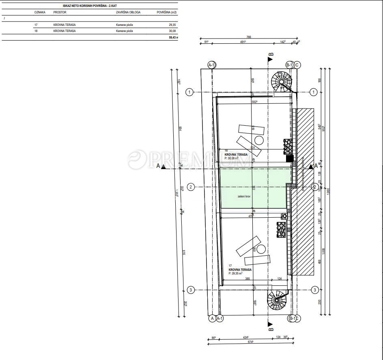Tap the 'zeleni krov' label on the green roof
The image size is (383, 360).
pos(244,196)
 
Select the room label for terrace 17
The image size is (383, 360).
pos(240,270)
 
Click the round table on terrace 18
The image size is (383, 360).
pos(259,141)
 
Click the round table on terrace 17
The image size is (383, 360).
pos(261,249)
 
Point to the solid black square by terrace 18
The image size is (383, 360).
pos(289,159)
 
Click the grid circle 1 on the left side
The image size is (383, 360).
pos(189,92)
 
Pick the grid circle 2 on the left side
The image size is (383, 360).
pos(191,187)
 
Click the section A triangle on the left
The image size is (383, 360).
pos(163,166)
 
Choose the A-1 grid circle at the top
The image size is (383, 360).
pos(211,65)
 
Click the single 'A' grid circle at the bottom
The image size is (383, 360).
pos(211,319)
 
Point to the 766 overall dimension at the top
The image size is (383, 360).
pos(249,37)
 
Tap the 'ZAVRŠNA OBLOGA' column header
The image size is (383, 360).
pos(128,12)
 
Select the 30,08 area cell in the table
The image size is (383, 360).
pos(172,31)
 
